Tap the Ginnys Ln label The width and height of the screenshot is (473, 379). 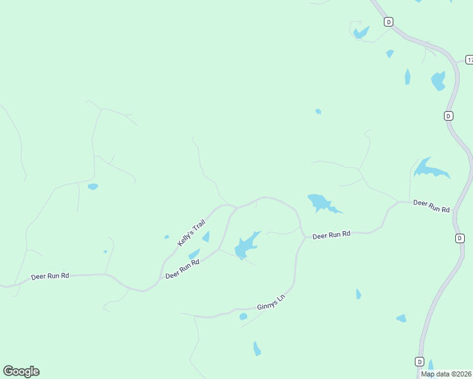click(272, 306)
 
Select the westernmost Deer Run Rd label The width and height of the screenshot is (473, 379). click(50, 277)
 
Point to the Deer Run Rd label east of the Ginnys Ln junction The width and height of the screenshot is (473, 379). click(331, 235)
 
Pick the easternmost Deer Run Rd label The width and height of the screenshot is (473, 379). click(431, 206)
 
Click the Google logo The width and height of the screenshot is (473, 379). click(21, 371)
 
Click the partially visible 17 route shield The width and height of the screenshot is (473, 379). click(469, 59)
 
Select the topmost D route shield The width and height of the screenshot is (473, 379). click(388, 21)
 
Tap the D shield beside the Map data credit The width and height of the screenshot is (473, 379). click(419, 361)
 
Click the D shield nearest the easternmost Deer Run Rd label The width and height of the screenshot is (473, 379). click(460, 238)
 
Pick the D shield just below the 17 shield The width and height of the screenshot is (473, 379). click(448, 116)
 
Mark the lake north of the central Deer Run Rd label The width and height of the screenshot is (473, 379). click(320, 203)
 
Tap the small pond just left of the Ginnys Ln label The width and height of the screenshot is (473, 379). click(243, 316)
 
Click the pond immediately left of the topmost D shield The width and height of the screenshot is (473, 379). click(361, 32)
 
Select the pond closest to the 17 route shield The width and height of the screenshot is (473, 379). click(438, 81)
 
